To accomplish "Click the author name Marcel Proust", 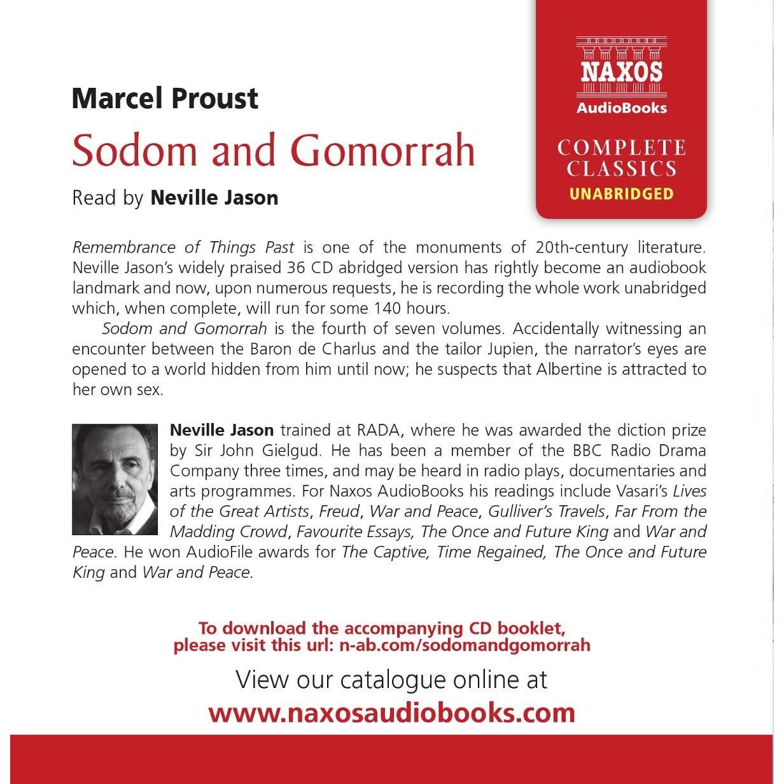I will pyautogui.click(x=165, y=99).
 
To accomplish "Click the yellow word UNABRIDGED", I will pyautogui.click(x=621, y=193).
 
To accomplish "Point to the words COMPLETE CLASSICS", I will pyautogui.click(x=621, y=158).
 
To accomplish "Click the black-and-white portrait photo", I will pyautogui.click(x=115, y=479).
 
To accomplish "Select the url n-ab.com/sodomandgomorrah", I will pyautogui.click(x=465, y=645).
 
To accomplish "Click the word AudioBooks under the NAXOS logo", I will pyautogui.click(x=621, y=108).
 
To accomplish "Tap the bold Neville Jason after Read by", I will pyautogui.click(x=214, y=198).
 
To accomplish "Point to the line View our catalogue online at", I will pyautogui.click(x=391, y=679).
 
